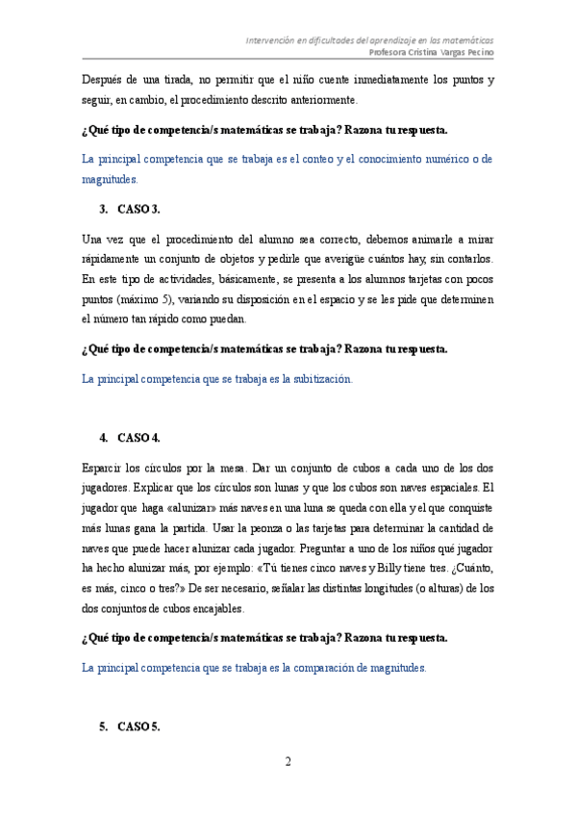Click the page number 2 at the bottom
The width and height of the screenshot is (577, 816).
pyautogui.click(x=288, y=763)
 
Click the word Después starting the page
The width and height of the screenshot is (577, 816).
pyautogui.click(x=103, y=79)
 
